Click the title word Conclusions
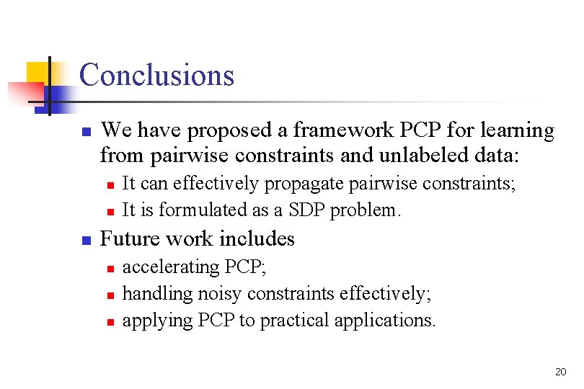click(156, 75)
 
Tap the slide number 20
click(561, 372)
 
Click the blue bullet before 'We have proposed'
click(84, 133)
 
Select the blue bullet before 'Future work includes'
click(84, 240)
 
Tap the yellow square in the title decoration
click(37, 72)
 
